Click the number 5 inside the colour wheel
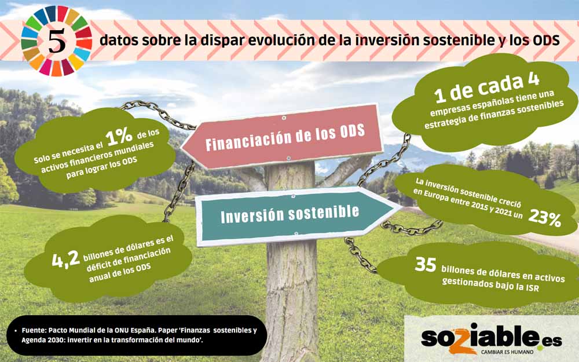click(57, 41)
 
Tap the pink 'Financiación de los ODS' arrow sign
click(283, 137)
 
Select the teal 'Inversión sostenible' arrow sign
click(298, 215)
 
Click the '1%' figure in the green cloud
click(119, 136)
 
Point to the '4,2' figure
click(66, 259)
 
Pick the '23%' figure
click(545, 218)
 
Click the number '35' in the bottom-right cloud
click(426, 264)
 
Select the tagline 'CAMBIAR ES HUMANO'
click(507, 352)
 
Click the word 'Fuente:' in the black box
click(34, 330)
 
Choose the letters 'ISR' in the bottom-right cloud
click(532, 287)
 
